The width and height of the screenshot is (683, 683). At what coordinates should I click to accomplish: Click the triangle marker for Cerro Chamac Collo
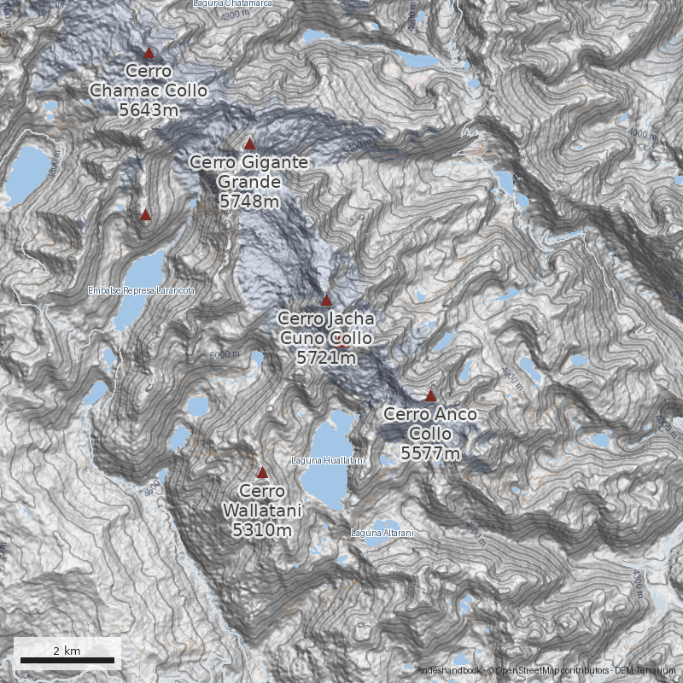pos(149,52)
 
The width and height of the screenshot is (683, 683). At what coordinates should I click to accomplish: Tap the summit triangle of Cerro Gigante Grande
pos(249,144)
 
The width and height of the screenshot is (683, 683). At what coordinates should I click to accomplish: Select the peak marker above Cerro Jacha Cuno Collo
pos(326,300)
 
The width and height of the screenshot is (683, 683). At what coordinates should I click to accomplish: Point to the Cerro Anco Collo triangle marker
pos(431,396)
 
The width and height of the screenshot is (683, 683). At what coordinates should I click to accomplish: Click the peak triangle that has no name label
pos(145,215)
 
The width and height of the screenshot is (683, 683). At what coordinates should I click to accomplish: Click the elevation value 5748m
pos(249,201)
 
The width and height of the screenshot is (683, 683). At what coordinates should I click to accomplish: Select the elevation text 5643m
pos(149,110)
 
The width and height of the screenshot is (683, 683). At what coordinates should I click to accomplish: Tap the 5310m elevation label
pos(262,530)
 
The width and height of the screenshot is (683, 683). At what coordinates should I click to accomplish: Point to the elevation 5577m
pos(431,453)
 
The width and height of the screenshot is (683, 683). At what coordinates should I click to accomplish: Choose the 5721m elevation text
pos(326,358)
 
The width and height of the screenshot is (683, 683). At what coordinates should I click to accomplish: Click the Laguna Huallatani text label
pos(329,461)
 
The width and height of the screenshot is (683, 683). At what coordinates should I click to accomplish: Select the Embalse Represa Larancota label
pos(142,291)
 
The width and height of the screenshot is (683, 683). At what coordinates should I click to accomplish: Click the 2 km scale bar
pos(67,660)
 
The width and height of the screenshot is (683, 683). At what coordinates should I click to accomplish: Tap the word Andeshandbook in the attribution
pos(449,671)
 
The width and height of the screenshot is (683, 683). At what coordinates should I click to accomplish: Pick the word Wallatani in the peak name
pos(262,511)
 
